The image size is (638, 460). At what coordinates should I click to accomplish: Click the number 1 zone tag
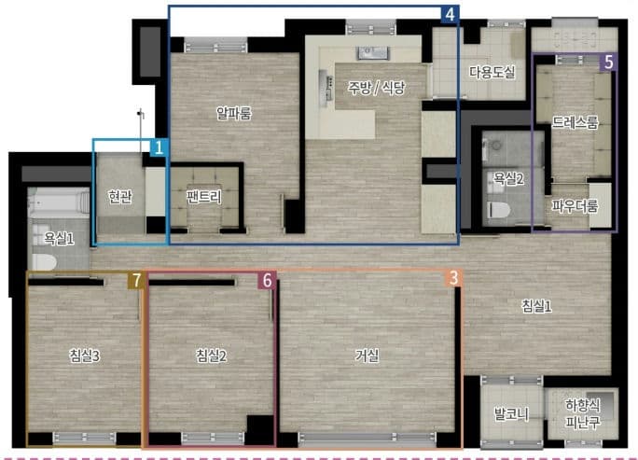[x=159, y=147]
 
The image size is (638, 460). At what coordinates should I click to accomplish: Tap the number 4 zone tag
[x=450, y=14]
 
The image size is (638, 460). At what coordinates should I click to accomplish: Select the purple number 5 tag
[x=609, y=63]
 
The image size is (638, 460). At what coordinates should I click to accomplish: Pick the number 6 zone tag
[x=267, y=281]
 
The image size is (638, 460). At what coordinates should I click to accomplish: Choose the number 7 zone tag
[x=136, y=281]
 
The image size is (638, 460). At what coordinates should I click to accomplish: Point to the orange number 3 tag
[x=453, y=278]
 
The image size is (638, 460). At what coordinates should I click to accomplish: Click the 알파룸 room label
[x=234, y=113]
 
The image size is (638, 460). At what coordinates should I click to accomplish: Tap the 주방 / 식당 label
[x=377, y=87]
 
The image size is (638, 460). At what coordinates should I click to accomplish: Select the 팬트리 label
[x=204, y=197]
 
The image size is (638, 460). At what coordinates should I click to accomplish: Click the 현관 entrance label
[x=120, y=197]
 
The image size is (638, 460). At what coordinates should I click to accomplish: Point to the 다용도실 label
[x=492, y=73]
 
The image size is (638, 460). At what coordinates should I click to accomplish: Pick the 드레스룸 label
[x=575, y=121]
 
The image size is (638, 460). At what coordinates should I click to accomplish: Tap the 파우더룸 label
[x=575, y=205]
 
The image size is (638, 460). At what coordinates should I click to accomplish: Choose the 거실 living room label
[x=368, y=355]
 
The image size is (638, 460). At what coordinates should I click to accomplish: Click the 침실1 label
[x=536, y=306]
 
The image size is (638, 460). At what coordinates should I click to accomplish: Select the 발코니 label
[x=511, y=414]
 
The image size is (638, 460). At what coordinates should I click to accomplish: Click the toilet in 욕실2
[x=498, y=210]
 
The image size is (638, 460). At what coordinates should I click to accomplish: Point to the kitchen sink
[x=372, y=53]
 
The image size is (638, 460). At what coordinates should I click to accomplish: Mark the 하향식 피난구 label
[x=583, y=413]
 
